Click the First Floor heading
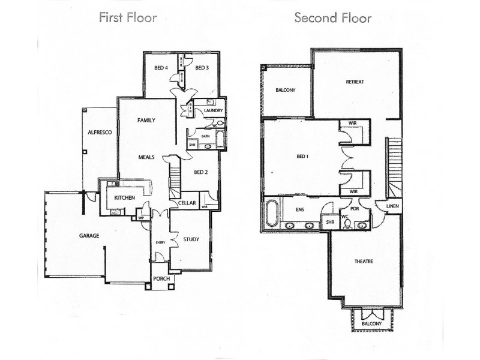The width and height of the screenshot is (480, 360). (128, 17)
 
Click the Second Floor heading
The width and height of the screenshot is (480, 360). (332, 17)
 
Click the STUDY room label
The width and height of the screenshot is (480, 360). (191, 239)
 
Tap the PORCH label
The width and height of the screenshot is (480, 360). (160, 279)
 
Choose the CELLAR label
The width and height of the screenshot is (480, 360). (187, 203)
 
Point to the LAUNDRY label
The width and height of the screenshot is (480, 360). (213, 111)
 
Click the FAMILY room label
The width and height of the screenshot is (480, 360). (146, 121)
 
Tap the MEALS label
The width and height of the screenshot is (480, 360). (146, 157)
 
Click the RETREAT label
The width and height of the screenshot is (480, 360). (355, 82)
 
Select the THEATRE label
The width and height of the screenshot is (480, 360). (364, 262)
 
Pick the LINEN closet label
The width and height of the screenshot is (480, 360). (392, 206)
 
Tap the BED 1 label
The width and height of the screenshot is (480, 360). (304, 157)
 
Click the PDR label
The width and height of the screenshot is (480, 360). (355, 209)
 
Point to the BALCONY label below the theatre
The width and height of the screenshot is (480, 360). (371, 324)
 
